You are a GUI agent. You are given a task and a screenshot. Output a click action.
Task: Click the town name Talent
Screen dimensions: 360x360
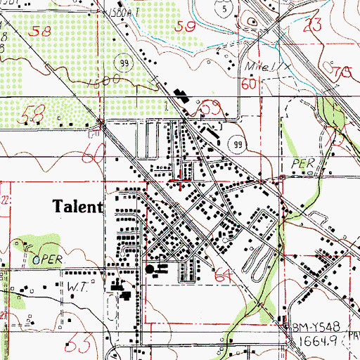coord(77,207)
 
